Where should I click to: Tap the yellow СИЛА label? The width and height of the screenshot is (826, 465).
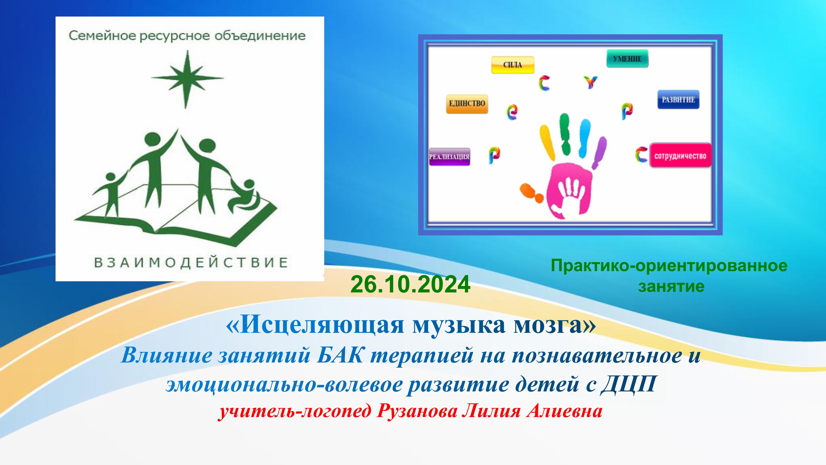tap(512, 65)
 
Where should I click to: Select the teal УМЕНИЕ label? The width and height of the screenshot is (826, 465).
tap(627, 59)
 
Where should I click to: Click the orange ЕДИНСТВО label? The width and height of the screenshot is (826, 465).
tap(467, 104)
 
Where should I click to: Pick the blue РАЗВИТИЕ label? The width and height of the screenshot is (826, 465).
tap(678, 99)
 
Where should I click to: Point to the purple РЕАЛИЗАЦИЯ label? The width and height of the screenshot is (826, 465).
tap(449, 157)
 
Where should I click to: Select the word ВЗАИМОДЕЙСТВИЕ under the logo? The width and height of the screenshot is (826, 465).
tap(191, 262)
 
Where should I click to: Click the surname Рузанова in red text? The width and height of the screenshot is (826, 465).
tap(417, 411)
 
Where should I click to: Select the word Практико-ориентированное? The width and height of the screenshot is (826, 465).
tap(669, 266)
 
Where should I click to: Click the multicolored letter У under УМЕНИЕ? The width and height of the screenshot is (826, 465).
tap(590, 82)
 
